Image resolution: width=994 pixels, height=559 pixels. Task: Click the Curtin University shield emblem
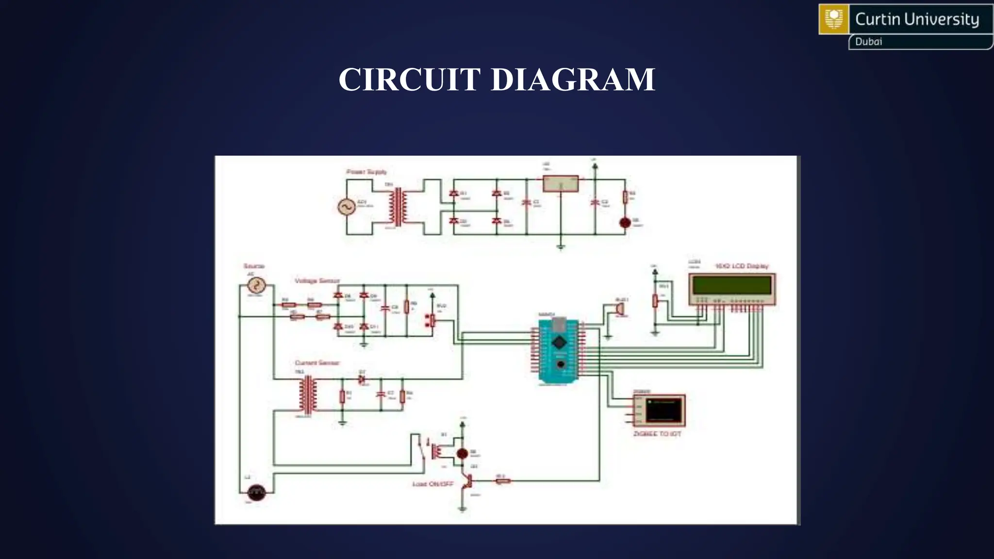(x=834, y=19)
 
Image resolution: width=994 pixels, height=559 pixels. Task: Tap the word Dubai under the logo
(x=868, y=42)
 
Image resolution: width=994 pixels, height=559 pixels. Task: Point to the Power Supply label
(x=366, y=172)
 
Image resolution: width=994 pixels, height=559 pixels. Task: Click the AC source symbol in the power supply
(x=347, y=207)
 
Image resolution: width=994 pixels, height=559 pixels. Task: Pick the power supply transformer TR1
(x=398, y=207)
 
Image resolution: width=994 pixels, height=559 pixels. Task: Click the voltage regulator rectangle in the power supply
(x=561, y=184)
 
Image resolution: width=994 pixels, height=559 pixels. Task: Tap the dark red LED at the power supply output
(x=625, y=223)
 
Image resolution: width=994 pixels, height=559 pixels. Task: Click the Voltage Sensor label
(x=317, y=280)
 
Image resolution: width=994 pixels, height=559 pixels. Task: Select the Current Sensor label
(x=317, y=362)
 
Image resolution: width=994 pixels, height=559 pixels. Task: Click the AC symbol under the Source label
(x=256, y=285)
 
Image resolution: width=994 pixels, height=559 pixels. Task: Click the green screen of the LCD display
(x=732, y=285)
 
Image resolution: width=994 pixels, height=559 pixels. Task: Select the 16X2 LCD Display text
(x=742, y=266)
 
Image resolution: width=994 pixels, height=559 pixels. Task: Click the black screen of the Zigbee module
(x=663, y=411)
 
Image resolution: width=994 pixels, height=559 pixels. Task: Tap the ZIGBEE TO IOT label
(x=657, y=433)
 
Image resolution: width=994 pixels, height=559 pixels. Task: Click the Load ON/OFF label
(x=432, y=484)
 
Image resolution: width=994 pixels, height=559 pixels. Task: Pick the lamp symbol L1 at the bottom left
(x=256, y=493)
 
